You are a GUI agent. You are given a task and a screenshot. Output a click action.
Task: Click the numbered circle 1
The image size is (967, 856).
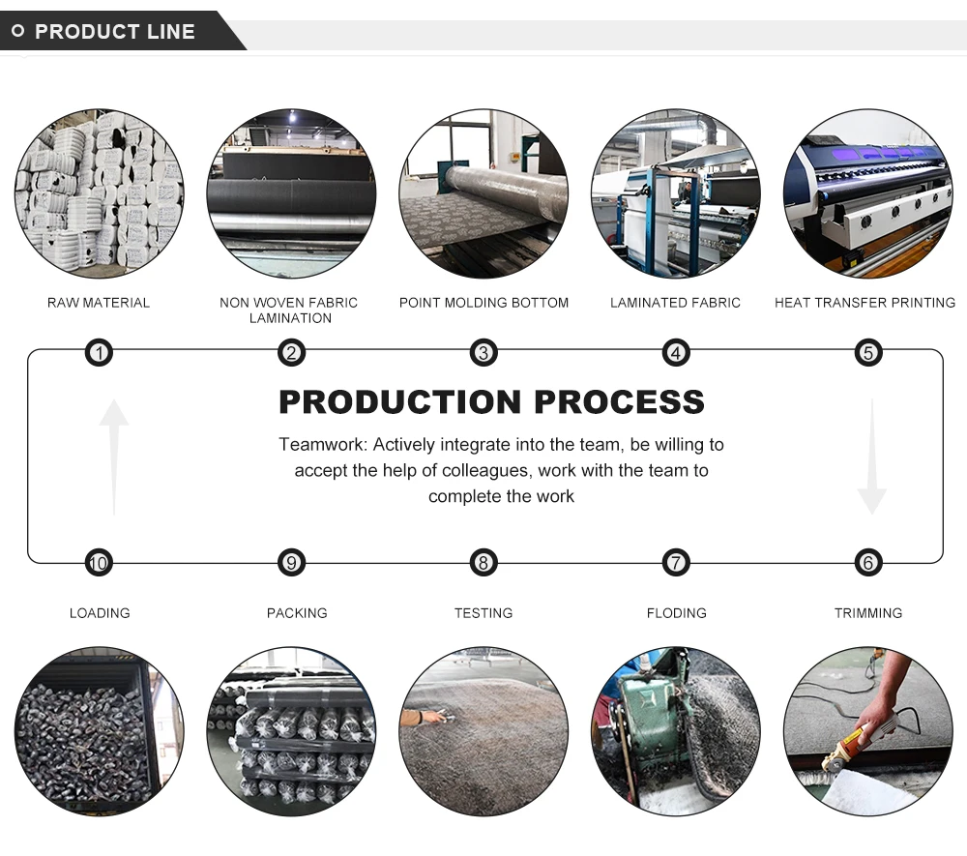(x=99, y=353)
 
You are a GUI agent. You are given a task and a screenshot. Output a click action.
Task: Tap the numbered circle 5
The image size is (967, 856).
(x=868, y=353)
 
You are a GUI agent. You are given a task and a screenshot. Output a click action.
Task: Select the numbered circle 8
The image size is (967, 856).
(x=483, y=562)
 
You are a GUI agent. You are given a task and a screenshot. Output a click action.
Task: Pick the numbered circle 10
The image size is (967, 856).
(x=99, y=562)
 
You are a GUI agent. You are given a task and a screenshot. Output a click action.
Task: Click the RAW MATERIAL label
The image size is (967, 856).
(x=99, y=303)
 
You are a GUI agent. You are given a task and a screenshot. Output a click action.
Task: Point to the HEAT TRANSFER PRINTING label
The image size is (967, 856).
(x=864, y=303)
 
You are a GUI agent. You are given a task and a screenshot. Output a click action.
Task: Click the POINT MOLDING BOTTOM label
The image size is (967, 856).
(x=483, y=303)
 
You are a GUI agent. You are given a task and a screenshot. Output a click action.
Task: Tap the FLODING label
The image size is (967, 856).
(x=676, y=613)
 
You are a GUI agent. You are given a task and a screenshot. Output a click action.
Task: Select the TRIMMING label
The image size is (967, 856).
(x=868, y=613)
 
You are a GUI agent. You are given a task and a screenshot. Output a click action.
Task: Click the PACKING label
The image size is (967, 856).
(x=297, y=613)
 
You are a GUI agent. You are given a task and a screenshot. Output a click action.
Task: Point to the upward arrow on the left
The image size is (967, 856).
(x=114, y=455)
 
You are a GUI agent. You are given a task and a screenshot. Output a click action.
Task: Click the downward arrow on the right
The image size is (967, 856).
(x=871, y=455)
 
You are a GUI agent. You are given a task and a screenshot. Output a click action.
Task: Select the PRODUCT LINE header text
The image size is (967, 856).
(x=115, y=31)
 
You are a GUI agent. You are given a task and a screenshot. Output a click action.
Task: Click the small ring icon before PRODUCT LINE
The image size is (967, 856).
(x=17, y=31)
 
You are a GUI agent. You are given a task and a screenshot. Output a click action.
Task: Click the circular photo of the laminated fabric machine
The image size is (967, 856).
(x=676, y=193)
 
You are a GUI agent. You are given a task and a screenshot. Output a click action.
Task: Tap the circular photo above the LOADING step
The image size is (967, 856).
(x=99, y=732)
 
